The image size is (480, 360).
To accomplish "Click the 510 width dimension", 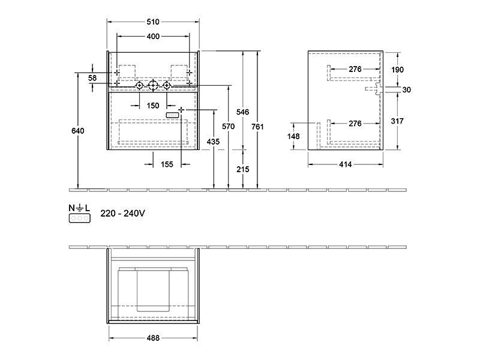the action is (x=153, y=22).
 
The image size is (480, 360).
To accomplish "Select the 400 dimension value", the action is (x=153, y=37).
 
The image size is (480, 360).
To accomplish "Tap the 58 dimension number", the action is (x=92, y=78).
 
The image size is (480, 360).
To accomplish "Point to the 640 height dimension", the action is (x=78, y=131).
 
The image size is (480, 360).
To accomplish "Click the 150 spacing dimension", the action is (x=153, y=106).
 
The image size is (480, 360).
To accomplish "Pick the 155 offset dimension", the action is (x=167, y=164).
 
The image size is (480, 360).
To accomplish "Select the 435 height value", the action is (x=213, y=142).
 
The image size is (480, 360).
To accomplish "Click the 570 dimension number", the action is (x=229, y=126).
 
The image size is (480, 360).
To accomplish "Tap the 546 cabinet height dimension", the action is (x=242, y=112).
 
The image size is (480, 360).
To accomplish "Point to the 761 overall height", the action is (x=257, y=127).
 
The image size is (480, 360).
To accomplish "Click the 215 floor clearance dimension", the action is (x=243, y=169).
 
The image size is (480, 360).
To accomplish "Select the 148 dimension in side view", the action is (x=293, y=136).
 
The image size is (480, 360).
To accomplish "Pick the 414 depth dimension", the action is (x=346, y=164).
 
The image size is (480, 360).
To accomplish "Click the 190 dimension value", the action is (x=397, y=70).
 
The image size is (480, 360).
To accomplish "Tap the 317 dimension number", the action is (x=397, y=121).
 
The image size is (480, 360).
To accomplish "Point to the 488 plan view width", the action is (x=153, y=338).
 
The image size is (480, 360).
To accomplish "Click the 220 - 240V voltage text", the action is (x=122, y=214).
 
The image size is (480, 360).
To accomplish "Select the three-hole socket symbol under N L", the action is (x=80, y=218).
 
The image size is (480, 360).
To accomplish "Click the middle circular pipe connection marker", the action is (x=153, y=85).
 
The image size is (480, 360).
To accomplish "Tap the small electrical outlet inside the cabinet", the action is (x=172, y=115).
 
